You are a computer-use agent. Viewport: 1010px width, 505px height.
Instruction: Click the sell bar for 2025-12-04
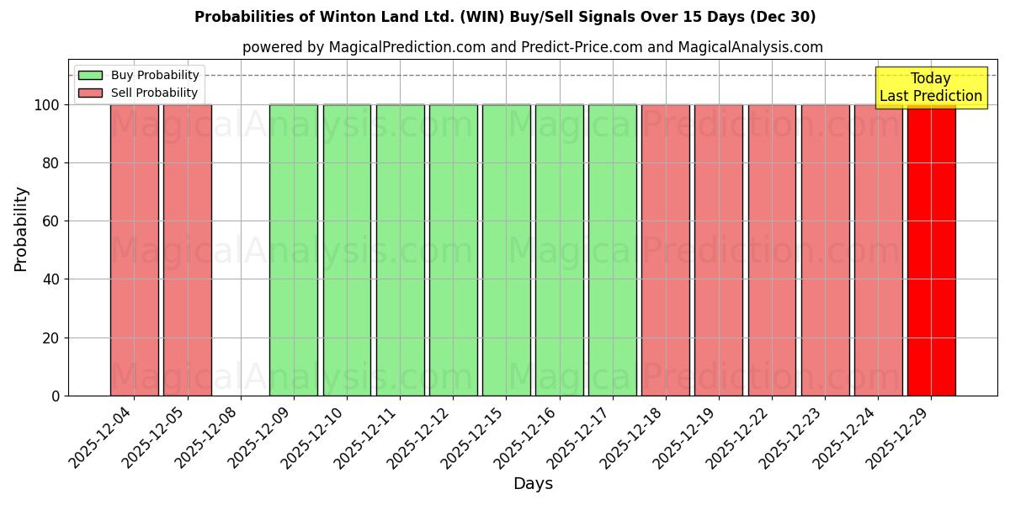(x=134, y=250)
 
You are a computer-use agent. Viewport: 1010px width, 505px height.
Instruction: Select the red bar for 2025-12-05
(x=187, y=250)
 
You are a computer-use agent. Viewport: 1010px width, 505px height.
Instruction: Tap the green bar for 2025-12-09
(x=294, y=250)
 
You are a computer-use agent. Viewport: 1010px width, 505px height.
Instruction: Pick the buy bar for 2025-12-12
(x=453, y=250)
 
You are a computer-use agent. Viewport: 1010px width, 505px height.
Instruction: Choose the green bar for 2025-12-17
(x=612, y=250)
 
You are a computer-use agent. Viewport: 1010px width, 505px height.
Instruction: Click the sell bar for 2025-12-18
(x=665, y=250)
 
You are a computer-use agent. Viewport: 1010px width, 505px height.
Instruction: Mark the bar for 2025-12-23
(x=825, y=250)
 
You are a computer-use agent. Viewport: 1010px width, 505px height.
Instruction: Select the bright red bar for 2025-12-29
(x=931, y=250)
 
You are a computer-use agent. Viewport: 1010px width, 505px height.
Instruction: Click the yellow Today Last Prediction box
(x=930, y=88)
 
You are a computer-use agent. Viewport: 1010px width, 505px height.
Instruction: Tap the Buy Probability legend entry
(x=139, y=75)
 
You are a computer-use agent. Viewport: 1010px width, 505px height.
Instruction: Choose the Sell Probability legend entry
(x=139, y=93)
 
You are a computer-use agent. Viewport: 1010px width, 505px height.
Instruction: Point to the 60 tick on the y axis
(x=55, y=221)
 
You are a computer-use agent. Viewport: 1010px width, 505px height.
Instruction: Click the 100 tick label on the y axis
(x=47, y=105)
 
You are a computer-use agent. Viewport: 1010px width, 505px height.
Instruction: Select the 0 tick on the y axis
(x=56, y=396)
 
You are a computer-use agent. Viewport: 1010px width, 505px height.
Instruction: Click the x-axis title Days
(x=533, y=484)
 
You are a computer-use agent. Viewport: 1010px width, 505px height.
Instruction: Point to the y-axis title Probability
(x=21, y=229)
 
